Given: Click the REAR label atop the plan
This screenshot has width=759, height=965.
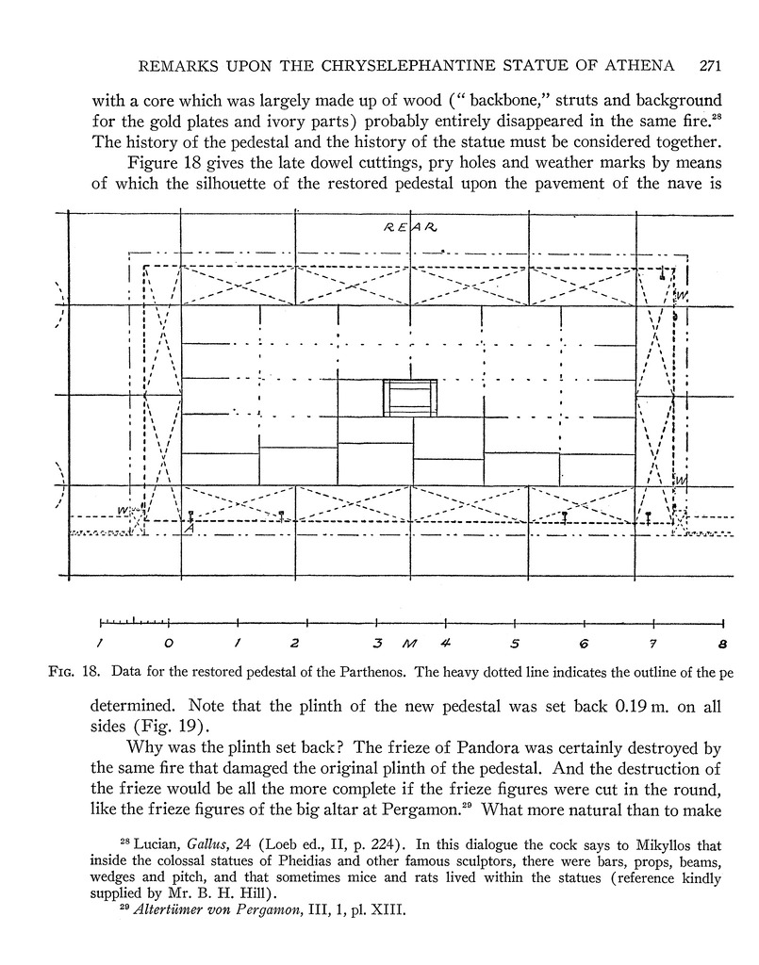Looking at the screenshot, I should pyautogui.click(x=409, y=228).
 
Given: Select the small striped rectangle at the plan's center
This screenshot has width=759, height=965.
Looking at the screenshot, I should pyautogui.click(x=410, y=397).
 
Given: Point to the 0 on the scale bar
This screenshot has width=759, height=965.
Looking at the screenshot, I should pyautogui.click(x=168, y=645).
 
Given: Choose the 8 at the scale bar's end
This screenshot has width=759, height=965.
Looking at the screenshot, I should pyautogui.click(x=721, y=645).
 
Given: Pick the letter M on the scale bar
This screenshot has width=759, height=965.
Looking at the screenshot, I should pyautogui.click(x=407, y=645).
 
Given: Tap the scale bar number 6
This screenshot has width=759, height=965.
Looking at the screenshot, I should pyautogui.click(x=584, y=645).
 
